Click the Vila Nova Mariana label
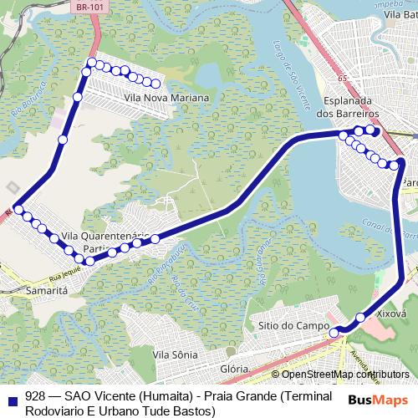[166, 98]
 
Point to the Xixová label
[391, 316]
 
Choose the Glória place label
[234, 369]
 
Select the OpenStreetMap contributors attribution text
[340, 375]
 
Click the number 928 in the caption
[36, 396]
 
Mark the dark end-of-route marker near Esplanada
[375, 130]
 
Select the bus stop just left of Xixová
[360, 317]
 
